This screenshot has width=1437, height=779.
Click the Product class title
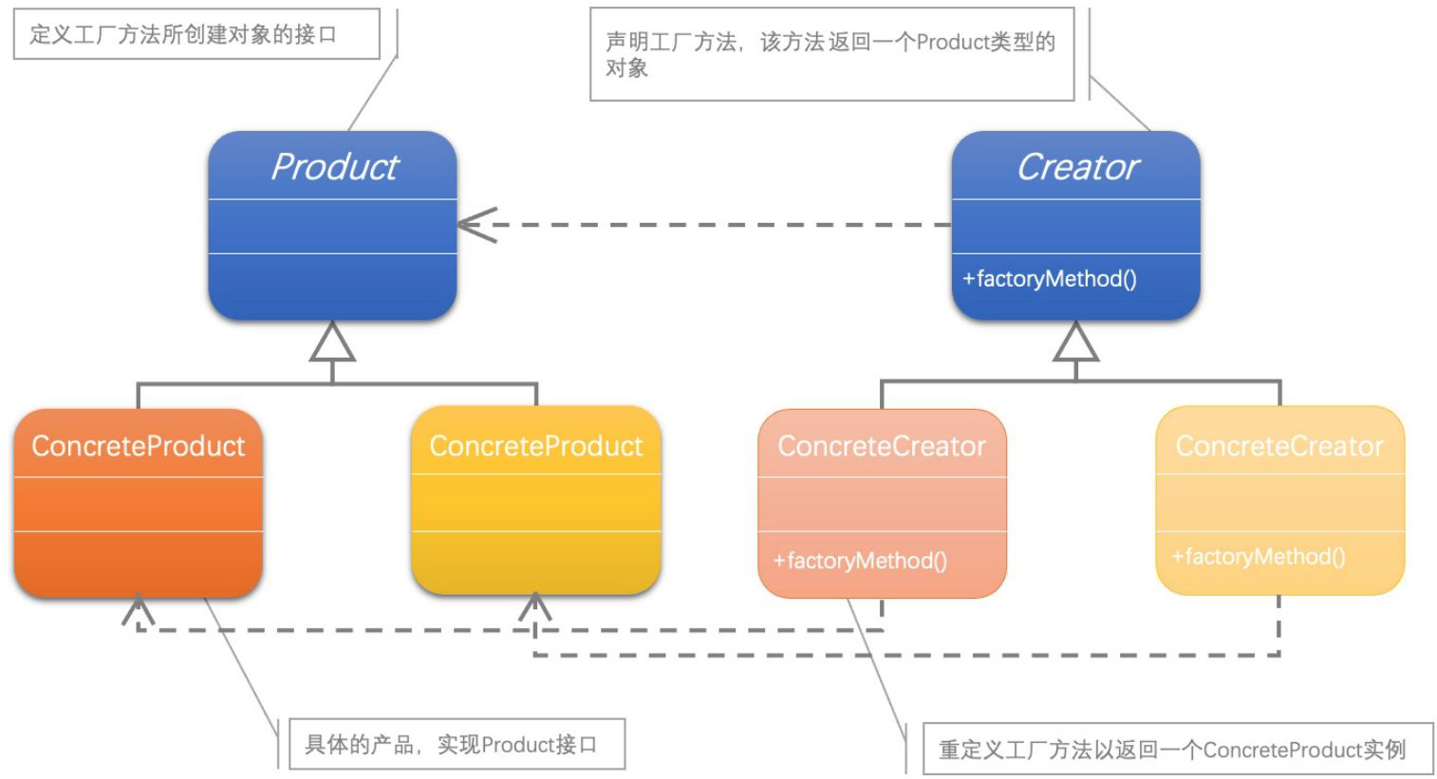tap(334, 167)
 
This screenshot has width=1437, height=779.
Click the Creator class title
tap(1077, 167)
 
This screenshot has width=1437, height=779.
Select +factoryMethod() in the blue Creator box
tap(1049, 279)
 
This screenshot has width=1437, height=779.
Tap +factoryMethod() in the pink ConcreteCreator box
tap(860, 561)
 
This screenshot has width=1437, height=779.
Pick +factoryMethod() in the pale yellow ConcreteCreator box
tap(1258, 557)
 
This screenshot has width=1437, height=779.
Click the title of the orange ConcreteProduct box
tap(138, 446)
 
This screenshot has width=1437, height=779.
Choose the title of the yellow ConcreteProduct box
tap(535, 446)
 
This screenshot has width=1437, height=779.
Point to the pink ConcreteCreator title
tap(882, 446)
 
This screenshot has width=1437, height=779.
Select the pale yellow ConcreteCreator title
tap(1279, 446)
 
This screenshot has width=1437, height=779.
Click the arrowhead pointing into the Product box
tap(473, 225)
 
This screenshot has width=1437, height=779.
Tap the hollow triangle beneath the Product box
tap(332, 343)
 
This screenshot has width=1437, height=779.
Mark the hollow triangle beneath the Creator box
tap(1075, 343)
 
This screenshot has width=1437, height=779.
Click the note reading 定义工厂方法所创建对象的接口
tap(184, 35)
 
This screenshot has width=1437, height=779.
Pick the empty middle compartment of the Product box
tap(332, 227)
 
